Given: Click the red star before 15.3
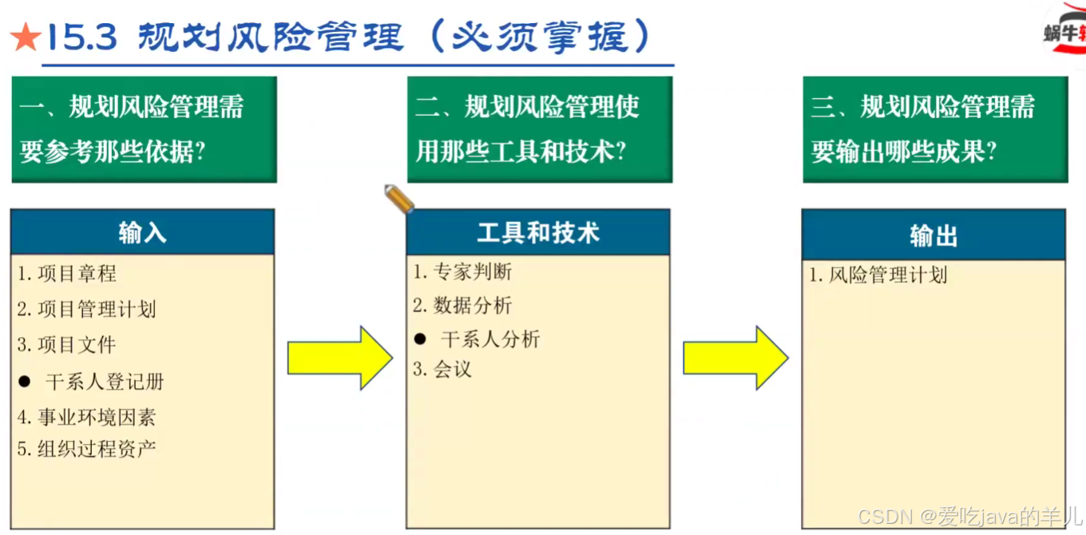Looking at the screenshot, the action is pos(24,37).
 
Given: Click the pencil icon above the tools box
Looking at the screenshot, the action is pos(398,199).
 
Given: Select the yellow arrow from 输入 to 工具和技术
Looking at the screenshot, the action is pos(339,358).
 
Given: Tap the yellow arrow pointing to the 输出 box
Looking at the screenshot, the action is pos(735,358).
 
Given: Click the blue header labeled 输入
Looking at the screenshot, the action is pos(142,232).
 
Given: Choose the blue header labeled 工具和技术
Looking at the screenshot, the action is pos(537,232).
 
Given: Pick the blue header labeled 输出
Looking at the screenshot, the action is pos(933,236).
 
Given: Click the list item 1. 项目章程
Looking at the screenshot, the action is pos(68,274).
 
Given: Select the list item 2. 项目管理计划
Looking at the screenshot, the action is pos(87,309).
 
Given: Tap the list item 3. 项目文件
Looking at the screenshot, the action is pos(68,345).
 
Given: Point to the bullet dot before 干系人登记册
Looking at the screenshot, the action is pos(25,382).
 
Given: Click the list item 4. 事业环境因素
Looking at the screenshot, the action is pos(87,417).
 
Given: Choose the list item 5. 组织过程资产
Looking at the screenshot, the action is pos(87,449).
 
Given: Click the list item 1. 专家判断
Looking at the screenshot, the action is pos(463,272).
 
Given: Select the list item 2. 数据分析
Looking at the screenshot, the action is pos(463,305).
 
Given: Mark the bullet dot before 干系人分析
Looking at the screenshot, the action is pos(420,339).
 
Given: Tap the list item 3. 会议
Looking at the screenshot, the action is pos(443,369).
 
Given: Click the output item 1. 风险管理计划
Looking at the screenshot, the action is pos(878,275).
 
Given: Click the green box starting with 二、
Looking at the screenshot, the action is pos(540,129).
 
